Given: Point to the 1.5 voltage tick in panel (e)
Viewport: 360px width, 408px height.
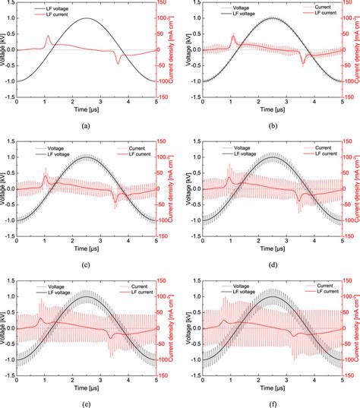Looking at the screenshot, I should coord(10,280).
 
